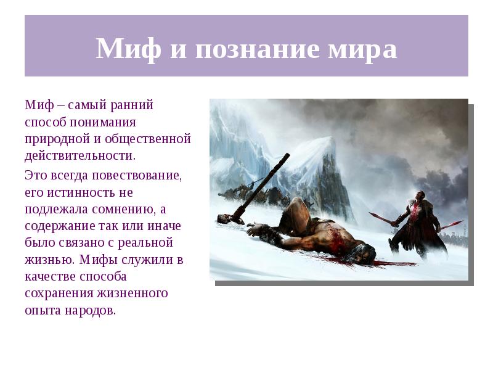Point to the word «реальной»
click(x=149, y=242)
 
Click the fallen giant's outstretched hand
click(x=255, y=231)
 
